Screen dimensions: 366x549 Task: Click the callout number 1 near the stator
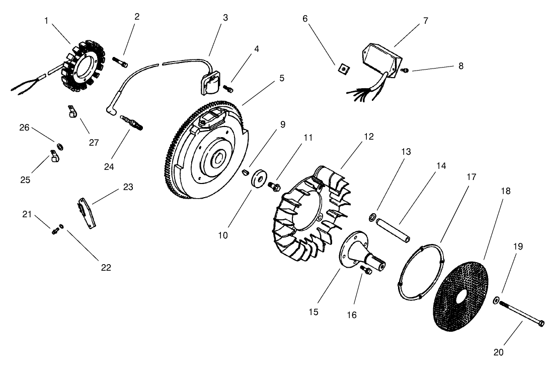[46, 21]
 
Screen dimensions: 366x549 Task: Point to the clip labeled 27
[72, 111]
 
